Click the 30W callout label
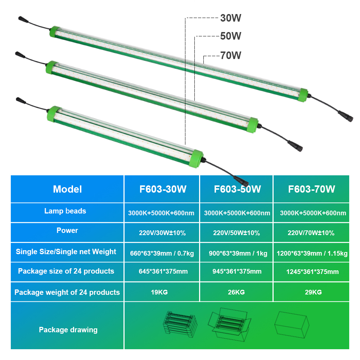point(230,18)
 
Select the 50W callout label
point(230,36)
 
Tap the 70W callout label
point(230,55)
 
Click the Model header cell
point(67,189)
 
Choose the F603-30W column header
point(163,189)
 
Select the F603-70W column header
point(311,189)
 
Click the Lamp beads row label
point(65,211)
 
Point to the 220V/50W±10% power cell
point(237,233)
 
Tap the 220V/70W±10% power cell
point(311,233)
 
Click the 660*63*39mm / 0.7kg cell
point(162,253)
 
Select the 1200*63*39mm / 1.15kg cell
point(312,253)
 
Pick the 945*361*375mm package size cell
point(237,271)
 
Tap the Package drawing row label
point(68,329)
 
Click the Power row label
point(67,230)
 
